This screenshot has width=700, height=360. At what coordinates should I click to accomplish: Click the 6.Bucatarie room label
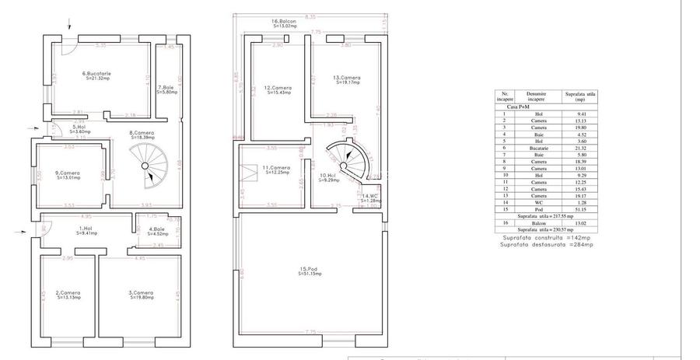pyautogui.click(x=99, y=76)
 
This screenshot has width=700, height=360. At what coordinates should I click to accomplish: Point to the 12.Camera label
pyautogui.click(x=277, y=90)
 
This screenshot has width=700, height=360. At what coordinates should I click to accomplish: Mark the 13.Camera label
pyautogui.click(x=346, y=79)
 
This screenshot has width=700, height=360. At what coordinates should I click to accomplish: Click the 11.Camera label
pyautogui.click(x=276, y=169)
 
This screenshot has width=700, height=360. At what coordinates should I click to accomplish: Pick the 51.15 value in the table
pyautogui.click(x=578, y=209)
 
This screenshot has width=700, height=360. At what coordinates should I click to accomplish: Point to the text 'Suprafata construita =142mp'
pyautogui.click(x=546, y=237)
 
